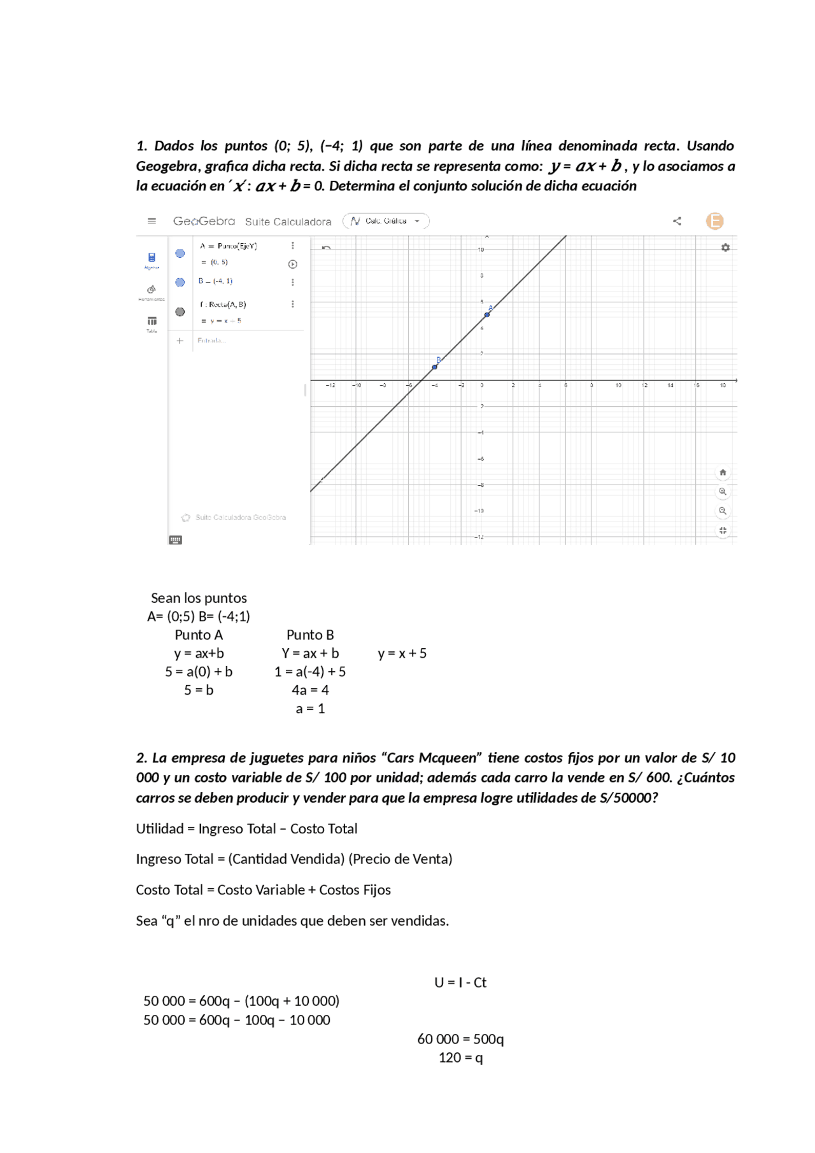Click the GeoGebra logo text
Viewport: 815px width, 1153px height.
pos(204,221)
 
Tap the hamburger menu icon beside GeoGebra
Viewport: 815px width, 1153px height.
pos(152,221)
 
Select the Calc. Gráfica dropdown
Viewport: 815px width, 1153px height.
pos(386,221)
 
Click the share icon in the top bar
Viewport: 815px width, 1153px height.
pos(677,221)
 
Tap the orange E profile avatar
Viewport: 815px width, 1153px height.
pos(714,221)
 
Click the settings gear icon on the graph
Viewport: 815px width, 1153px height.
pos(725,248)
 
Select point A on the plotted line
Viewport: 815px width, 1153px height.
pos(487,315)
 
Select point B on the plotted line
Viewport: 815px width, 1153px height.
pos(435,367)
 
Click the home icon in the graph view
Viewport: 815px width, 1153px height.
pos(723,472)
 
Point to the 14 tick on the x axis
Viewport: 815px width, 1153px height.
pos(670,385)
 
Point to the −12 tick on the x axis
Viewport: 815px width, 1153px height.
pos(330,385)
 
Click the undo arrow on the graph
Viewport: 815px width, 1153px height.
pos(326,248)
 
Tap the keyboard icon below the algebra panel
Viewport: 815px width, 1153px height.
pos(176,540)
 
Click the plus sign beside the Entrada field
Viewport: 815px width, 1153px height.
pos(180,341)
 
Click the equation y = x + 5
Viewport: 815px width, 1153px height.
pos(402,653)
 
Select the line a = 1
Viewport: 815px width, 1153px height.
pos(310,708)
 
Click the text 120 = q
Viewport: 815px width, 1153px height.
pos(460,1058)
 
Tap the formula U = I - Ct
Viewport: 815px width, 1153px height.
pos(460,982)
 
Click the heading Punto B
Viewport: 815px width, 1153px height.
pos(310,635)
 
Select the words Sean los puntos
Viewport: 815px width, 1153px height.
pos(199,598)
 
